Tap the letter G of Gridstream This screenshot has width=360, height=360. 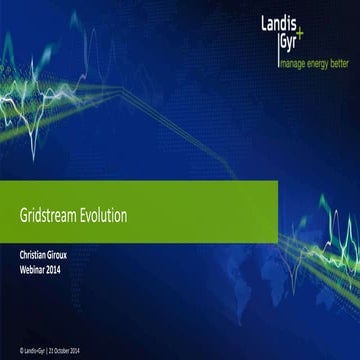point(24,215)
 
